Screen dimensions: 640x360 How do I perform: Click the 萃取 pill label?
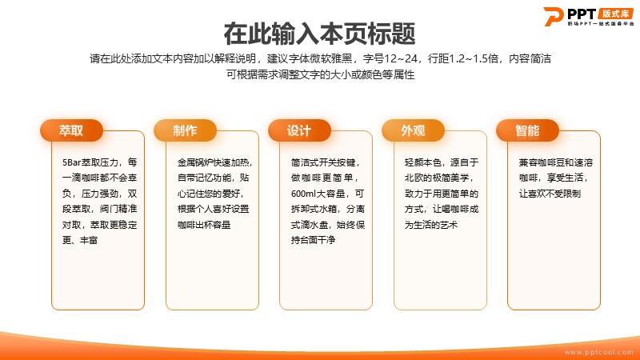coord(71,130)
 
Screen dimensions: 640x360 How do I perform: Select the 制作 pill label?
coord(185,130)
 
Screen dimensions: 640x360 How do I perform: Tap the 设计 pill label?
coord(299,130)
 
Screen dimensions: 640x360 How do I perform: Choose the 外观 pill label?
coord(413,130)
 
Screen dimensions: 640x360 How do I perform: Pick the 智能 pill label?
coord(527,130)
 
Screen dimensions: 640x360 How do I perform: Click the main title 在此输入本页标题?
coord(319,34)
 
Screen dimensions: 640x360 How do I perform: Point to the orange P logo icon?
coord(554,16)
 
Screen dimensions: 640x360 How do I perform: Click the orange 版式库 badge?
coord(615,14)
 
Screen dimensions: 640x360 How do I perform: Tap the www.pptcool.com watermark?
coord(598,352)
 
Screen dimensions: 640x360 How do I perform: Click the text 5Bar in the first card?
coord(72,162)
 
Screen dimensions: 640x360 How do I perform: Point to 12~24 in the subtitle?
coord(401,58)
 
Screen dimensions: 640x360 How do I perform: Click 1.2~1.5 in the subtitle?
coord(474,58)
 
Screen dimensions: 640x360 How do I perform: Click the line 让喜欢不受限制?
coord(550,194)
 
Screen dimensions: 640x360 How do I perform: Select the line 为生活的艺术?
coord(431,225)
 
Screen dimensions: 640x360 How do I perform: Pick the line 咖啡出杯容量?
coord(204,225)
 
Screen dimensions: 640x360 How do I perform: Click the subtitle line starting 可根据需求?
coord(321,74)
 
